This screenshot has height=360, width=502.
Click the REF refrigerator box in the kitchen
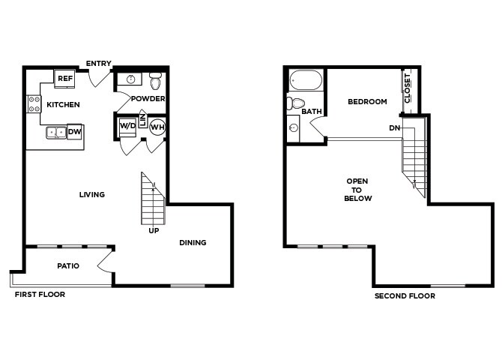64,78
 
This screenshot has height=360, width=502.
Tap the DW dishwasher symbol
74,132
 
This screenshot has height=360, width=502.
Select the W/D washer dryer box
127,127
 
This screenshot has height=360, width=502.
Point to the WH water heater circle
157,127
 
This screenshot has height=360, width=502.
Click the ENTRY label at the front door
99,63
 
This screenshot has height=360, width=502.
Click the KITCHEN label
63,104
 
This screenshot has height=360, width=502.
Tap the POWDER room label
148,99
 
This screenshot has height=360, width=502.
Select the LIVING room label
92,195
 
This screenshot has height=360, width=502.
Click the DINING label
193,242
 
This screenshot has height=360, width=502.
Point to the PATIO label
69,265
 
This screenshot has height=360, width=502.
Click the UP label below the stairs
154,230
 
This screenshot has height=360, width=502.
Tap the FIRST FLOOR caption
40,295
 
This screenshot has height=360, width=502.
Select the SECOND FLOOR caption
405,296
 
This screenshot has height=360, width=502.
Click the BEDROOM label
367,102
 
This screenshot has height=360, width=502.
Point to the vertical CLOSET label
408,88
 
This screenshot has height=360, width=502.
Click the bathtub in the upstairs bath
306,79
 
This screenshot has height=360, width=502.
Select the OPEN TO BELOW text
357,190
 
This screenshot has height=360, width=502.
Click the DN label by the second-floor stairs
394,128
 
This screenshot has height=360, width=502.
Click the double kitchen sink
55,133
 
